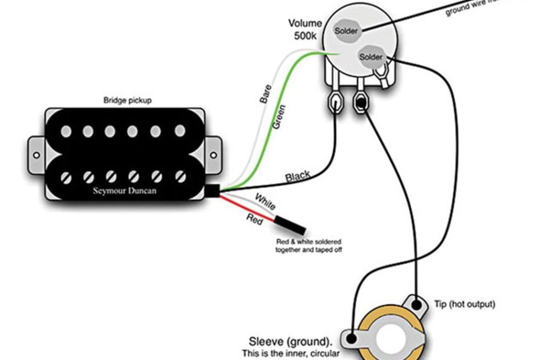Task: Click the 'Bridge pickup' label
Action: point(127,100)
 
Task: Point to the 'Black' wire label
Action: point(298,175)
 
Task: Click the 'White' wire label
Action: point(265,203)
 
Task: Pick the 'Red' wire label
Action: point(254,219)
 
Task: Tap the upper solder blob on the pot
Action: point(346,30)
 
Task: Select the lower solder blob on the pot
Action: point(371,57)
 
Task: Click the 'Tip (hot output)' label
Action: point(465,304)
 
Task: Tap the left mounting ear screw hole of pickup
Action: point(35,155)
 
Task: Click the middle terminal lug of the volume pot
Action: point(361,103)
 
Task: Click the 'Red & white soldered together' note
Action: point(308,244)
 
